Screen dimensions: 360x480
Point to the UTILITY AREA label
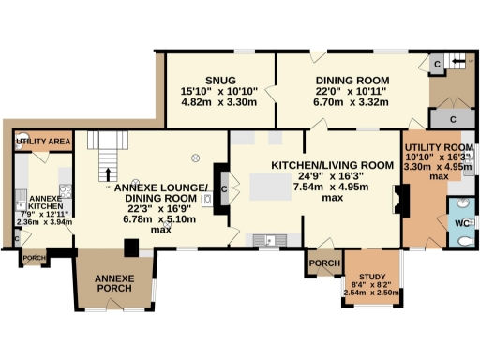[x=44, y=142]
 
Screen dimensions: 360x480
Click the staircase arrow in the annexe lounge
[x=106, y=174]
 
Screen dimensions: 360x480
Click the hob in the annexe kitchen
[x=65, y=176]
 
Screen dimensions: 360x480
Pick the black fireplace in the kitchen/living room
[x=401, y=200]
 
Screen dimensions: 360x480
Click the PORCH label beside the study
[x=324, y=263]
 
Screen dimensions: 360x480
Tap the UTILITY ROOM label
[x=437, y=148]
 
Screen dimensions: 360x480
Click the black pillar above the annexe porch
[x=133, y=247]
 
